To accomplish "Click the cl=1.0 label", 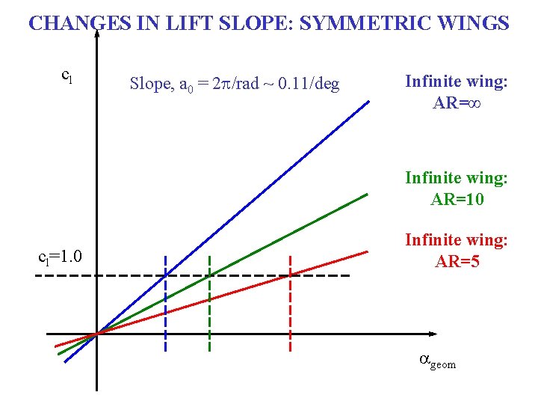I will point(59,257).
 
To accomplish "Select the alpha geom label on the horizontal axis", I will point(436,361).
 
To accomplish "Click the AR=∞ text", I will point(456,103).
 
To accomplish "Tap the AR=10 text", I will point(457,199).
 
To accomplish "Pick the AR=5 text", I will point(457,262).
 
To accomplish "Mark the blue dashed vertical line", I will point(166,314).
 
